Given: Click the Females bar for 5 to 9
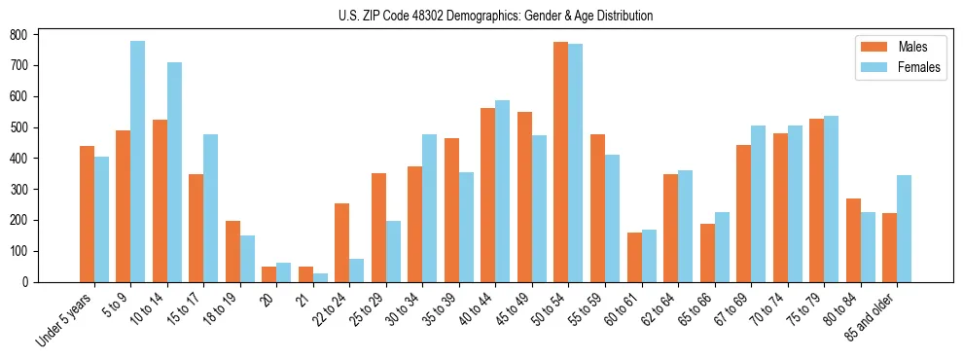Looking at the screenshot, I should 138,162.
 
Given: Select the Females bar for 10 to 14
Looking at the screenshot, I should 174,172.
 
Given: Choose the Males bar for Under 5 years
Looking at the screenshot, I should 87,214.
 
